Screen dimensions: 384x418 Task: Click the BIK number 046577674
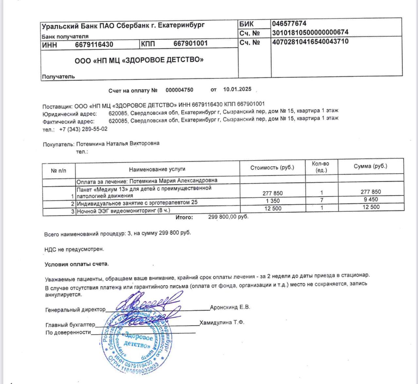point(289,24)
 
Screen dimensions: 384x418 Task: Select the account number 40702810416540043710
point(310,41)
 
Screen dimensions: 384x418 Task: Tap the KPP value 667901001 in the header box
point(190,43)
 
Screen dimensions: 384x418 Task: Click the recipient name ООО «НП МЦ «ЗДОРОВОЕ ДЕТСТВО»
point(139,60)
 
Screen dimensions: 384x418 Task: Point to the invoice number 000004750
point(179,90)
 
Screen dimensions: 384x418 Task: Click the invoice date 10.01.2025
point(237,89)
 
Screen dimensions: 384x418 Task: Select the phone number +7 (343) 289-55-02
point(83,129)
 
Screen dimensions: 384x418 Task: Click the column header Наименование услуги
point(157,169)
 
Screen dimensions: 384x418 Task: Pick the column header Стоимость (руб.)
point(272,168)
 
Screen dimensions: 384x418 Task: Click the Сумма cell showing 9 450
point(371,200)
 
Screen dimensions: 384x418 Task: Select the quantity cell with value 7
point(322,200)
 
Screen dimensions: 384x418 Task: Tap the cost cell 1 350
point(273,201)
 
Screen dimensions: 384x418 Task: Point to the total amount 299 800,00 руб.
point(228,216)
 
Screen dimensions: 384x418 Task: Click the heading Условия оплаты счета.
point(77,264)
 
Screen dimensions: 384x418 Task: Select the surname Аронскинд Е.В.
point(230,307)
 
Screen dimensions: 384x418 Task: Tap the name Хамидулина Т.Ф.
point(222,323)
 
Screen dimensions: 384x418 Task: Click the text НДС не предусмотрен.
point(74,249)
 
